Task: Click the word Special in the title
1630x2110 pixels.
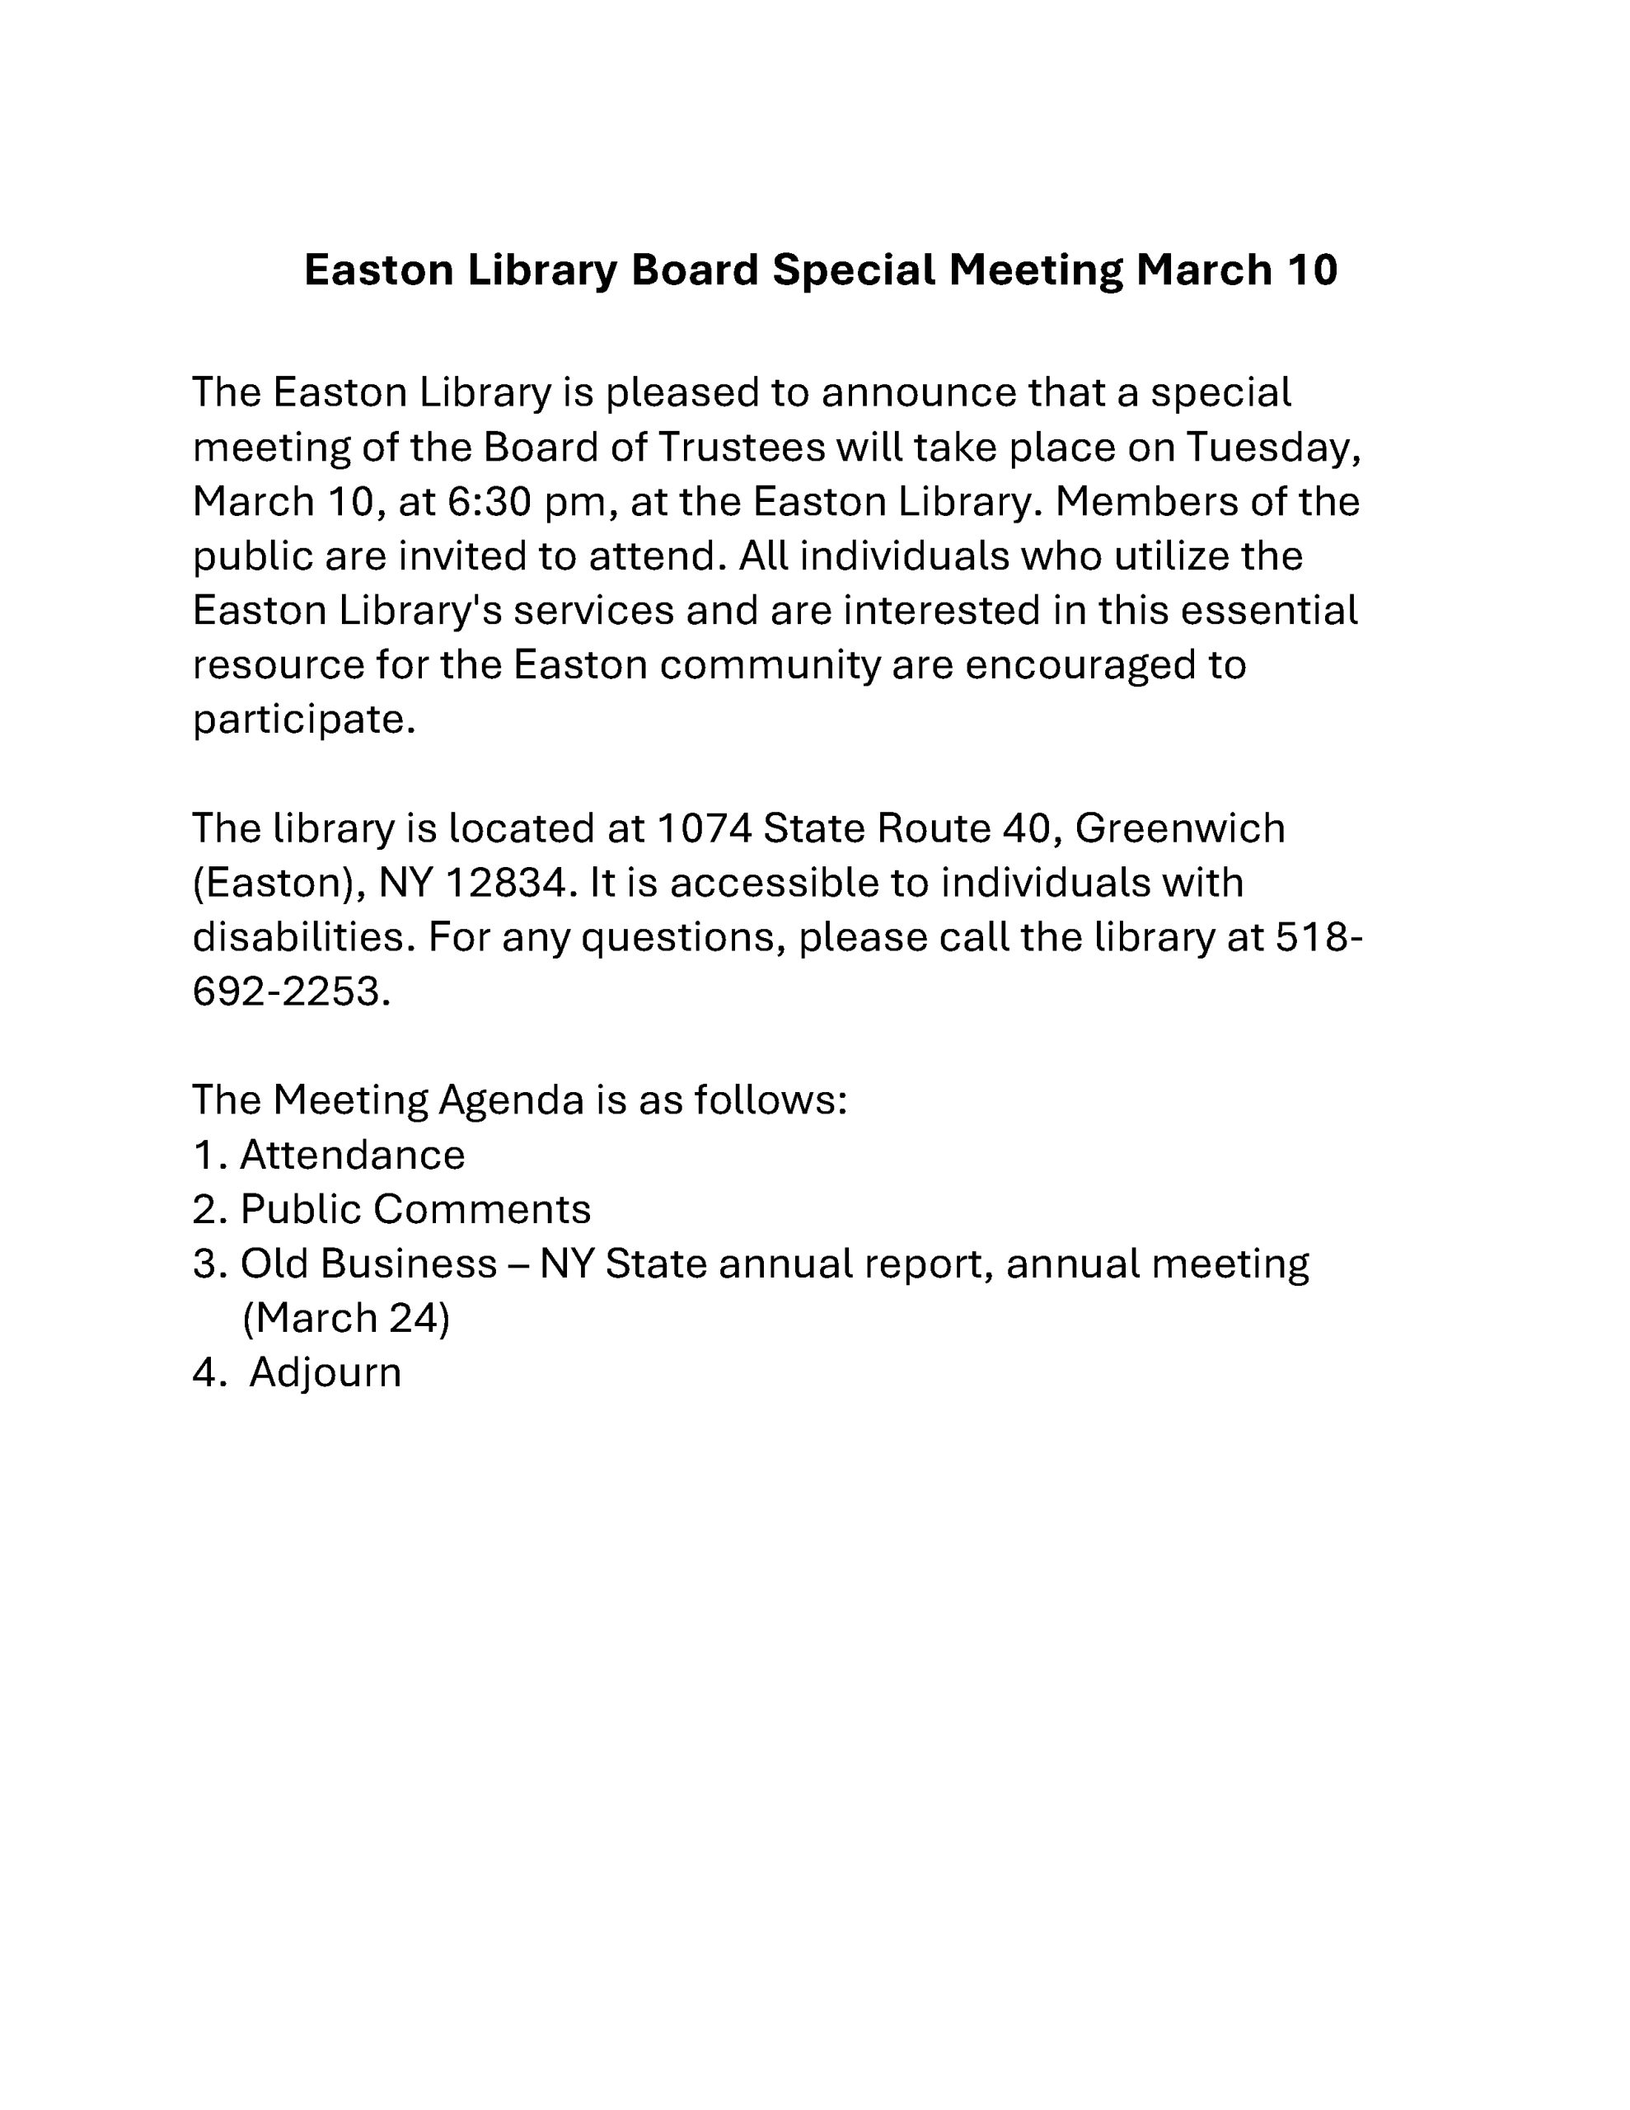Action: click(853, 270)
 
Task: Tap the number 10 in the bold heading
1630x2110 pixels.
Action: click(1311, 270)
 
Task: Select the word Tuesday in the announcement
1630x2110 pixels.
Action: click(1273, 448)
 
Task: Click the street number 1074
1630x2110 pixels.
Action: click(702, 828)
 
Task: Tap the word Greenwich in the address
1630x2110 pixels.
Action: click(1180, 828)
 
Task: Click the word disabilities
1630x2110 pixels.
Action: click(303, 936)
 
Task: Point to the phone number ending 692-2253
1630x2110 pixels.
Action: click(291, 992)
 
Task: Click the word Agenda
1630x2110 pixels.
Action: click(511, 1100)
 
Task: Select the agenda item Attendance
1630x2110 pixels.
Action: click(352, 1155)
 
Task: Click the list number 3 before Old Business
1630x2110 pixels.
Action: click(206, 1264)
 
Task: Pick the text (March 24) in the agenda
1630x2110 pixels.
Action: click(346, 1318)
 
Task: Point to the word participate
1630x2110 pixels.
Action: click(303, 719)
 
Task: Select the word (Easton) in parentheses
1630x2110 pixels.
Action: click(279, 882)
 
